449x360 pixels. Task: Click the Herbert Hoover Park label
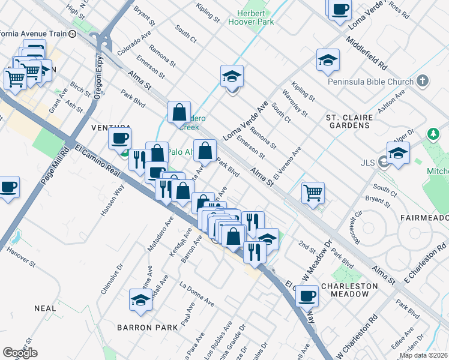(x=251, y=17)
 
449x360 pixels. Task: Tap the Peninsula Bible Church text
(x=370, y=82)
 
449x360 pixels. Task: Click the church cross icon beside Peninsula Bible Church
(x=423, y=80)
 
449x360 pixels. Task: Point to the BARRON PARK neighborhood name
(x=147, y=328)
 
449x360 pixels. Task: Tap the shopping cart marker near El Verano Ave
(x=313, y=193)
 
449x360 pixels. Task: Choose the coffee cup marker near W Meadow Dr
(x=307, y=296)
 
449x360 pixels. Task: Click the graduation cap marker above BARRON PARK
(x=140, y=300)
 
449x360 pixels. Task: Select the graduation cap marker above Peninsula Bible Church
(x=328, y=60)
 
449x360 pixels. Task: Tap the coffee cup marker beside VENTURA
(x=119, y=139)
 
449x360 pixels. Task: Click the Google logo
(x=20, y=353)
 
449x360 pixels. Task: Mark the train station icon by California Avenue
(x=73, y=34)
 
